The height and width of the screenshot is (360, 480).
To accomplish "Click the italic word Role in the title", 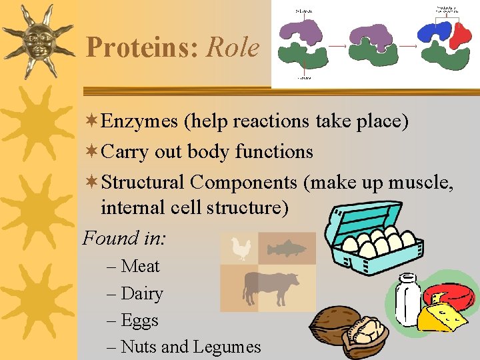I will [x=233, y=48].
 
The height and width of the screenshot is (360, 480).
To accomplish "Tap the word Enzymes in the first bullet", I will [x=140, y=122].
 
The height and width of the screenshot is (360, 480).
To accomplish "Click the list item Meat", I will [x=140, y=266].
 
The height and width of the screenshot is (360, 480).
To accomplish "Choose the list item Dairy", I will [x=142, y=293].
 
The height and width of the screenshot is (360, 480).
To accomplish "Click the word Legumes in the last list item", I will [x=227, y=347].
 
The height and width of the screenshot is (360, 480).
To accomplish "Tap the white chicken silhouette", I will [x=239, y=249].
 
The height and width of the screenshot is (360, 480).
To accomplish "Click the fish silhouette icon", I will [x=287, y=249].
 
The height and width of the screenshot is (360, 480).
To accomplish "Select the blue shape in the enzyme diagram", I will [x=435, y=31].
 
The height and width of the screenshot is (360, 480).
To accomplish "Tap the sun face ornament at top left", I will [x=37, y=40].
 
